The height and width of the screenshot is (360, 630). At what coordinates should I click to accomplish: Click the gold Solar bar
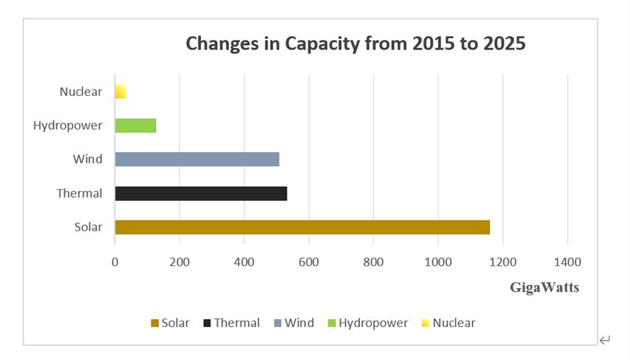[302, 227]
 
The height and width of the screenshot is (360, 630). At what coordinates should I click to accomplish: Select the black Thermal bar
[200, 193]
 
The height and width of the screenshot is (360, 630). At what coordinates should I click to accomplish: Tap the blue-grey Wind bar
[196, 159]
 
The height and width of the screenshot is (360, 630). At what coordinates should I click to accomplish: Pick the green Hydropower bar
[135, 125]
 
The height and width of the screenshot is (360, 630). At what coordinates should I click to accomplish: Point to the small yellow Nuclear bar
[121, 92]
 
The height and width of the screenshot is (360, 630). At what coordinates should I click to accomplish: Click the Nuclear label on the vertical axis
[80, 92]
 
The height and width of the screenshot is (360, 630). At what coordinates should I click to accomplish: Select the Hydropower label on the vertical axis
[68, 125]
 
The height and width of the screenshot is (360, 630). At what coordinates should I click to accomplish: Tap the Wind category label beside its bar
[88, 159]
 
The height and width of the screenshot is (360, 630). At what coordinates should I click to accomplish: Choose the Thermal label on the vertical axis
[79, 193]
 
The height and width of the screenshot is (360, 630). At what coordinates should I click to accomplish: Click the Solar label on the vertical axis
[88, 227]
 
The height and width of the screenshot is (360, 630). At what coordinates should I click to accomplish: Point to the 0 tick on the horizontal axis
[115, 261]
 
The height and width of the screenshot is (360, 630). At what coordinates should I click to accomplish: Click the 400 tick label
[244, 261]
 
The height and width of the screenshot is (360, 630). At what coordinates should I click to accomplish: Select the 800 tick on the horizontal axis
[373, 261]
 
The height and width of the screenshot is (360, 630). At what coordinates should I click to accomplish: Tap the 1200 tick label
[503, 261]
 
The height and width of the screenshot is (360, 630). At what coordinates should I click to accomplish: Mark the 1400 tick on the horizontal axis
[567, 261]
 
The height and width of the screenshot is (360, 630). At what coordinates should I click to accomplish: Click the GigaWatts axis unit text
[544, 288]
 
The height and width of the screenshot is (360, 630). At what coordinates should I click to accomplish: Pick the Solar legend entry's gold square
[155, 323]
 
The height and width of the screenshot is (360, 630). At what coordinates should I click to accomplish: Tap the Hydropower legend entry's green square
[332, 323]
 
